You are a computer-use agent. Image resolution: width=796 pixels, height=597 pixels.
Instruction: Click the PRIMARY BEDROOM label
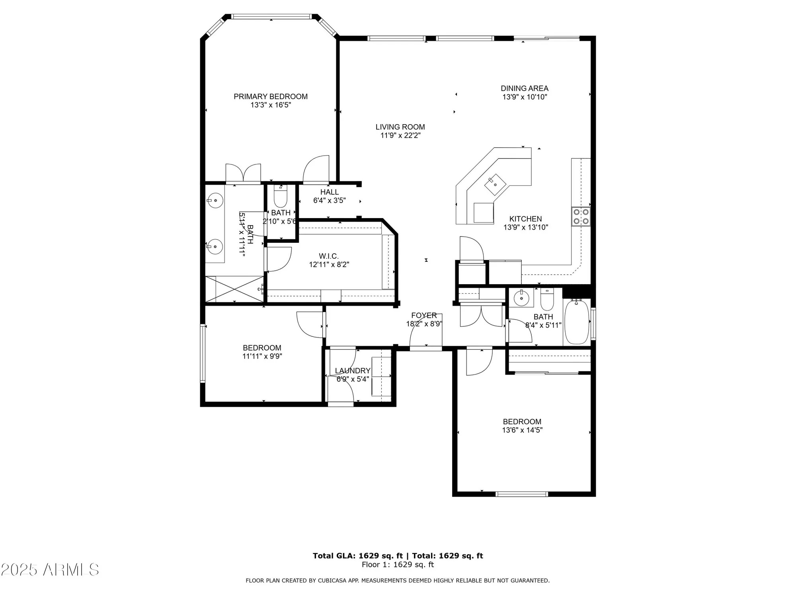(270, 96)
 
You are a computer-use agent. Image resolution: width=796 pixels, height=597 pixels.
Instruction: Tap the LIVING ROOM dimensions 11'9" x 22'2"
(400, 136)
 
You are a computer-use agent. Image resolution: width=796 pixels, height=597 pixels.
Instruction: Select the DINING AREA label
(524, 88)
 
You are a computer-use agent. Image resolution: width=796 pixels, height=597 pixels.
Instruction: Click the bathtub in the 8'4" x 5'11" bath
(577, 322)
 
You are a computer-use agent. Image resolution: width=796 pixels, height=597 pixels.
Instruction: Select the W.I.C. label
(328, 256)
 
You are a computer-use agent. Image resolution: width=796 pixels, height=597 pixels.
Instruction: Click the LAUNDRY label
(352, 371)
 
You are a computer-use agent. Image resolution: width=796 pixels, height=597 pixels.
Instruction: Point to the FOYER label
(424, 315)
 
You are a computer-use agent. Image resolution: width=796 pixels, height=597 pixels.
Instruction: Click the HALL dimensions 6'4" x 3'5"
(329, 201)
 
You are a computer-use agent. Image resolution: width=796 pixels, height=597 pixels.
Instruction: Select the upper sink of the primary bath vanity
(215, 200)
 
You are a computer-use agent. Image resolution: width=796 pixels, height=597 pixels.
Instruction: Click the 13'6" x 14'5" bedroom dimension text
(522, 430)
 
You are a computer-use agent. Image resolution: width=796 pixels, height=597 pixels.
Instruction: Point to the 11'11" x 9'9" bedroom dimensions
(262, 356)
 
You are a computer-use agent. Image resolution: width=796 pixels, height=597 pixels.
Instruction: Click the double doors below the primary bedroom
(243, 174)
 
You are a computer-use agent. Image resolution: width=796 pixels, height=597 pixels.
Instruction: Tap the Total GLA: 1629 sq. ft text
(357, 556)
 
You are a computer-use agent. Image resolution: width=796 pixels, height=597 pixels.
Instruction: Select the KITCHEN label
(525, 219)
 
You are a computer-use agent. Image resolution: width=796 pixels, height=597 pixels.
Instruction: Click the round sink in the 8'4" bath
(521, 297)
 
